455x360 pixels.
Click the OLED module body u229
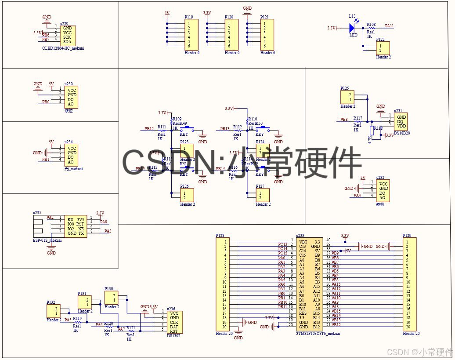point(69,36)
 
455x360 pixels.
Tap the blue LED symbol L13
point(352,28)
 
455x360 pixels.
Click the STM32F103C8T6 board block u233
point(309,284)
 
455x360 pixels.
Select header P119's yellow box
point(191,35)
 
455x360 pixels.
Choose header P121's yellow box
point(267,35)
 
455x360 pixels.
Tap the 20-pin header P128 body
point(223,284)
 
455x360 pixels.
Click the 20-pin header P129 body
point(409,284)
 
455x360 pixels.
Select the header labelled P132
point(54,312)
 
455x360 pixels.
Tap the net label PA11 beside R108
point(389,26)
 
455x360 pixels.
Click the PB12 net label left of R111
point(149,129)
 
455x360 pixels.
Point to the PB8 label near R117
point(345,119)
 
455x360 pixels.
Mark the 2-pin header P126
point(187,195)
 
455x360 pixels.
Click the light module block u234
point(72,156)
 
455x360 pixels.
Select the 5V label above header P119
point(167,13)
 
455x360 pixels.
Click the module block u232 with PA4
point(383,191)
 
